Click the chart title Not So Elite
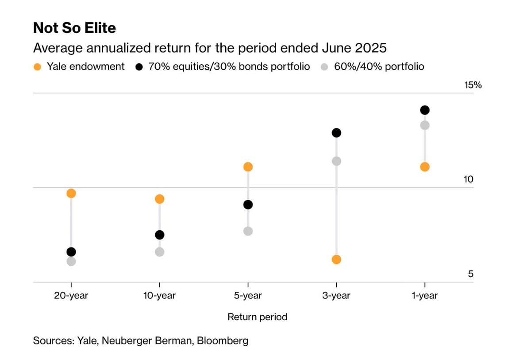pos(74,28)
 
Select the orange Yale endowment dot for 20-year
pos(71,193)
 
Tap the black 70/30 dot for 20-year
pos(71,252)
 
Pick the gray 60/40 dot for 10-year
pos(160,252)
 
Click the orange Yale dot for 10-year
pos(160,199)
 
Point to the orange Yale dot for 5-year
pos(248,167)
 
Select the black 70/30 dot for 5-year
pos(248,205)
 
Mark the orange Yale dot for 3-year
pos(336,259)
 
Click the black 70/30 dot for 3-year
pos(336,133)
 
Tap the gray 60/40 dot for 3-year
pos(336,161)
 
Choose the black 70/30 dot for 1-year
pos(425,110)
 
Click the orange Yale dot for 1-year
pos(425,167)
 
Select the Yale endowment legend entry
pos(80,66)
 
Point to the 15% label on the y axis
pos(473,85)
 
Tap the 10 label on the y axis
pos(468,179)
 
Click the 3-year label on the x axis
pos(336,296)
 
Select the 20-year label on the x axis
pos(71,296)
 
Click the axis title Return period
pos(257,317)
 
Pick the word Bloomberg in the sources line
pos(223,341)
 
